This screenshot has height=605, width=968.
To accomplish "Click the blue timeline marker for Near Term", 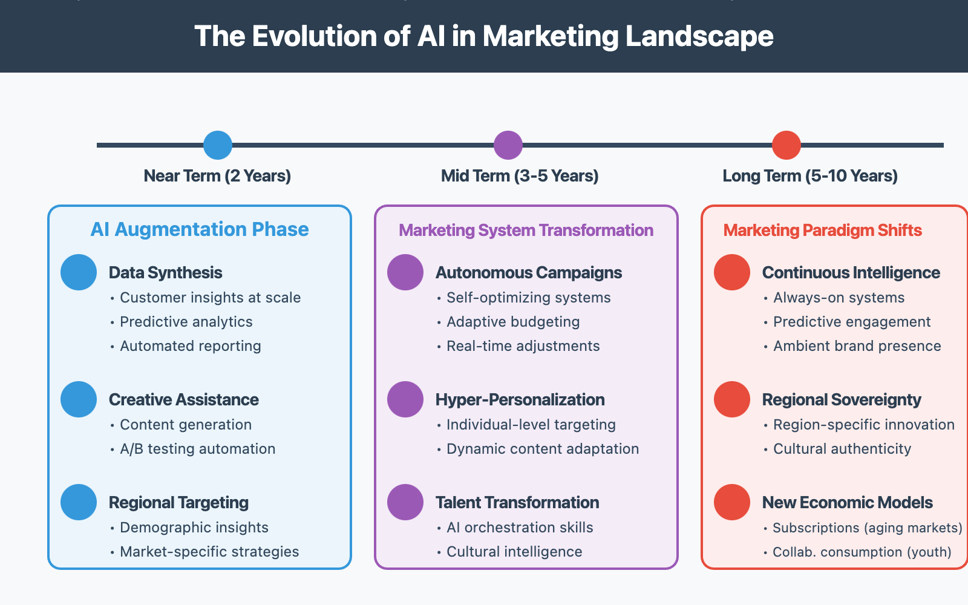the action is click(x=218, y=145).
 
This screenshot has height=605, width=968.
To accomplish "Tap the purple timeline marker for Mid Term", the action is click(x=508, y=145).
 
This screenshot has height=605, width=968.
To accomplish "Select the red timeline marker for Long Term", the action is click(x=786, y=145).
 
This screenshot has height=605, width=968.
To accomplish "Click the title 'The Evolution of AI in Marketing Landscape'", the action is click(x=484, y=36).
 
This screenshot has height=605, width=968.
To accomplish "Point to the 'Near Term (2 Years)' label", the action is click(x=217, y=176).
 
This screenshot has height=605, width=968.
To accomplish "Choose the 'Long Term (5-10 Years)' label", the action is click(x=810, y=176).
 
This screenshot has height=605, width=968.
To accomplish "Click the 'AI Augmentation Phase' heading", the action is click(x=200, y=229).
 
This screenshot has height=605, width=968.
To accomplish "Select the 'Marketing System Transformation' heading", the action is click(x=526, y=231).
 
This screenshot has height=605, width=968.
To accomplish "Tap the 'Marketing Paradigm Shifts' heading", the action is click(x=823, y=231).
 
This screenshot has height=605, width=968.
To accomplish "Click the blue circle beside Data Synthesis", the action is click(x=79, y=272).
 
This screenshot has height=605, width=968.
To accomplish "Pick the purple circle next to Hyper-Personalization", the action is click(x=405, y=399).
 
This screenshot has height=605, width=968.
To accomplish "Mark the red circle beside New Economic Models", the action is click(x=732, y=502).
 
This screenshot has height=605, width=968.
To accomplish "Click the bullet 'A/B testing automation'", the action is click(x=197, y=449).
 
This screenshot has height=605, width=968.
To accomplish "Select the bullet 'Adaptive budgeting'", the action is click(x=513, y=322).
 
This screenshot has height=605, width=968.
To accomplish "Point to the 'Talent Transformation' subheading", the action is click(x=517, y=503).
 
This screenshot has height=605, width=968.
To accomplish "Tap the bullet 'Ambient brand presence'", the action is click(x=857, y=346).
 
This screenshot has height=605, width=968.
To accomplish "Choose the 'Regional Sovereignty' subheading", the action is click(x=842, y=400).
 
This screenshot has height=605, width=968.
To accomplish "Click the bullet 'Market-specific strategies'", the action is click(x=209, y=552).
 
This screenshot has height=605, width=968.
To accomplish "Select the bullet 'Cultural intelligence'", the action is click(x=514, y=552).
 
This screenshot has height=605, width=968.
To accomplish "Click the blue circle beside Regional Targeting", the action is click(x=79, y=502).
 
